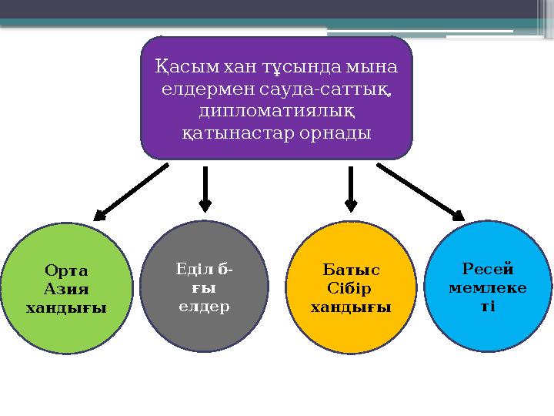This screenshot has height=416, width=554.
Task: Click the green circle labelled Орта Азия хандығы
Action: [x=66, y=284]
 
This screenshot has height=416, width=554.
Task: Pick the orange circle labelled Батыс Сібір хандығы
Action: [x=351, y=284]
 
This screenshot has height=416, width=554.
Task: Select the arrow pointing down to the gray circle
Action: [x=205, y=188]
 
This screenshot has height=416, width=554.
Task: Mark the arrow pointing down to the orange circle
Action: [x=351, y=188]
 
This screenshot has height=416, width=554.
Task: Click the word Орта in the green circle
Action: [x=66, y=270]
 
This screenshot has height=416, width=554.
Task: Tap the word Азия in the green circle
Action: [x=66, y=289]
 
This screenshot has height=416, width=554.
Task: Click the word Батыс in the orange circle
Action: [x=351, y=270]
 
